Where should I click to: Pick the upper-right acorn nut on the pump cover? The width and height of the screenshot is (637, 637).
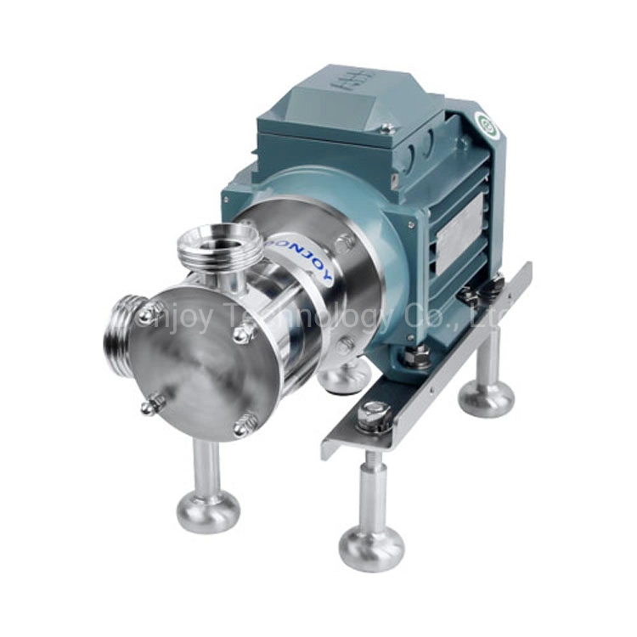pyautogui.click(x=243, y=333)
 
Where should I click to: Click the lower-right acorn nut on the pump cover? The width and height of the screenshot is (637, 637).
pyautogui.click(x=245, y=421)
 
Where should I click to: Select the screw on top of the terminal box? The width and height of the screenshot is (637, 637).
pyautogui.click(x=386, y=128)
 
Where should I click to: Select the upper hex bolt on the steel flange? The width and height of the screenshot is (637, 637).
pyautogui.click(x=343, y=243)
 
